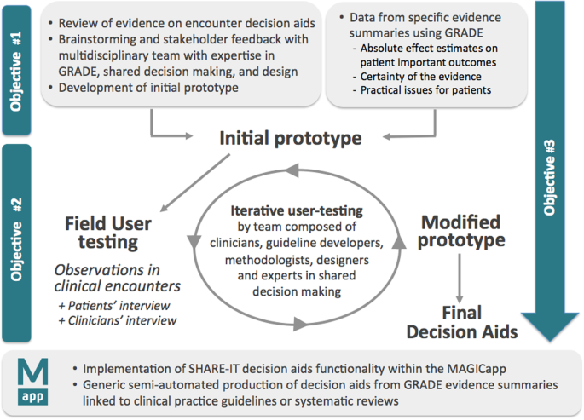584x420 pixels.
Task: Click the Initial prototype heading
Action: pos(291,138)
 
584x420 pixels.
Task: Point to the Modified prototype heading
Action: pos(461,232)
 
